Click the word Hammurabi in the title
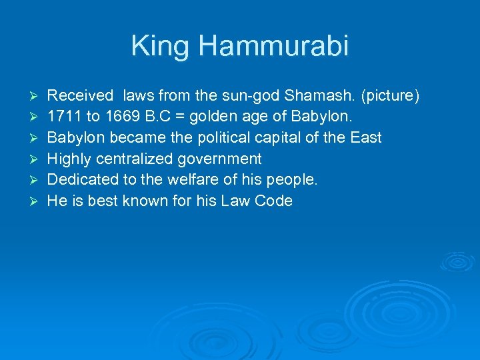coord(273,47)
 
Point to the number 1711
coord(62,117)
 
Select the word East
coord(365,138)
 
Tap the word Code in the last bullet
coord(273,201)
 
